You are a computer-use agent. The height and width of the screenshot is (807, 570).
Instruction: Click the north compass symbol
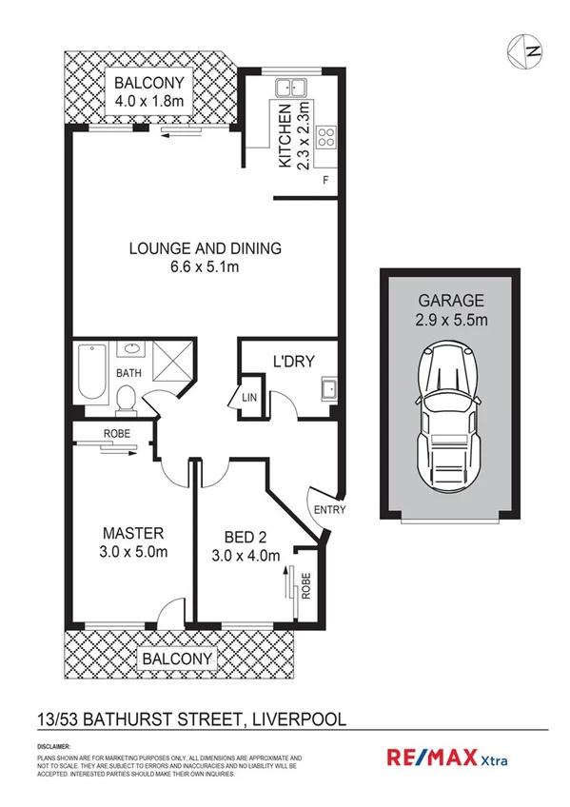click(527, 51)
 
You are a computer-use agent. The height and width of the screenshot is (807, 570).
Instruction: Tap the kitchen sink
click(290, 87)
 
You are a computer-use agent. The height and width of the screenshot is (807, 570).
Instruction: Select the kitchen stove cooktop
click(325, 136)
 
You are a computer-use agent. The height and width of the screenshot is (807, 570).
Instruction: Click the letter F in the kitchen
click(326, 180)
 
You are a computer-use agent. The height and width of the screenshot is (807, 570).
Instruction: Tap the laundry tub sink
click(328, 388)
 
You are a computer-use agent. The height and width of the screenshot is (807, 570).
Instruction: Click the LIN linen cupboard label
click(249, 397)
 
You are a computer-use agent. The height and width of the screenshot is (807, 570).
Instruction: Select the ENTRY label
click(329, 510)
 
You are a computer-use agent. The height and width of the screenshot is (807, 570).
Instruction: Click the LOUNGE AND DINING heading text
click(206, 249)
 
